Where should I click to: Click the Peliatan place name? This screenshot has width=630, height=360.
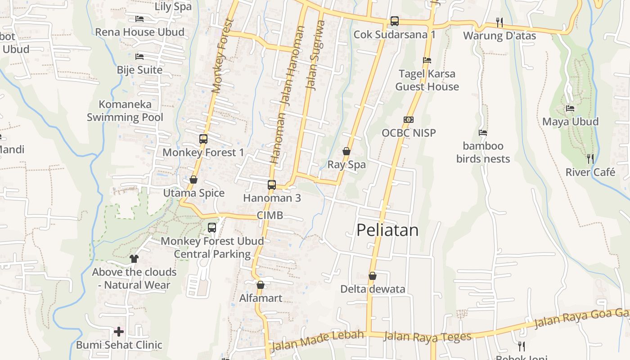387,230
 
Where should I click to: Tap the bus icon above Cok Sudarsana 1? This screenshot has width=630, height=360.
394,21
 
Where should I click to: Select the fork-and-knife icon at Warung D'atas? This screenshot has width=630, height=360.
499,22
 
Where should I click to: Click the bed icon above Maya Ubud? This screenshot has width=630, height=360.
570,108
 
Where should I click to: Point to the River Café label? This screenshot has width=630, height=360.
590,172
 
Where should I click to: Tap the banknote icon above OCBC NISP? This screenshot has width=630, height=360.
409,120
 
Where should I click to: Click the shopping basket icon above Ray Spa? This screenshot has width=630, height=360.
346,151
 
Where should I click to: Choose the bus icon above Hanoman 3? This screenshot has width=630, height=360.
271,184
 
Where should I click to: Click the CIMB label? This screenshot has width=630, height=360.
270,215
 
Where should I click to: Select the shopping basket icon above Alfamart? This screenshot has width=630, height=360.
260,285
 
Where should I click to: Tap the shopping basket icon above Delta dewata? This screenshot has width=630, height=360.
372,276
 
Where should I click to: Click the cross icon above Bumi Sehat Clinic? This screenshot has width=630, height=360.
119,332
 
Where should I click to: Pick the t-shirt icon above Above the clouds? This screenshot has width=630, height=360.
134,259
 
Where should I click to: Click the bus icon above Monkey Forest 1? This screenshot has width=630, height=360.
203,139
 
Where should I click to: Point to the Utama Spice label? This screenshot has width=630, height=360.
193,193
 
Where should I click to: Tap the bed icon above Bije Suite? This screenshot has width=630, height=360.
139,57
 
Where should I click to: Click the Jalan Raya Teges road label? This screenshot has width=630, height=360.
427,337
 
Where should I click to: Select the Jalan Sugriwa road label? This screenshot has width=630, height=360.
315,55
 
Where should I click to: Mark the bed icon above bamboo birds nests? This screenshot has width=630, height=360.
483,133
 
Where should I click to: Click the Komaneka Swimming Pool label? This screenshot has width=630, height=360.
125,111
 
